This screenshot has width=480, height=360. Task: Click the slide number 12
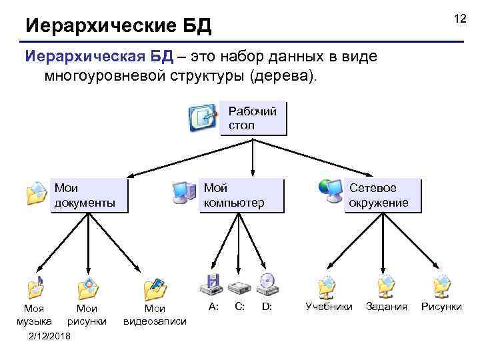click(x=459, y=19)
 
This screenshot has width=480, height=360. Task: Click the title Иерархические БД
click(x=118, y=26)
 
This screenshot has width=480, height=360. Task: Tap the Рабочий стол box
click(x=253, y=118)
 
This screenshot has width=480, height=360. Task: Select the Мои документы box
click(x=89, y=195)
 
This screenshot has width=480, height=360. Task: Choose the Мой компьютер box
click(x=241, y=195)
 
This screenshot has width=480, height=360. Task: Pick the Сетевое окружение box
click(x=383, y=195)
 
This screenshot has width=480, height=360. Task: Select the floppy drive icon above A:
click(x=211, y=285)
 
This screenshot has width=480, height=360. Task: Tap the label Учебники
click(x=329, y=307)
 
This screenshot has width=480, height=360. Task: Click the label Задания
click(x=386, y=307)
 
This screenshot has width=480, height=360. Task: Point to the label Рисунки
click(x=441, y=307)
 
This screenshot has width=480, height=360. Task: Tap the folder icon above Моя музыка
click(x=35, y=287)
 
